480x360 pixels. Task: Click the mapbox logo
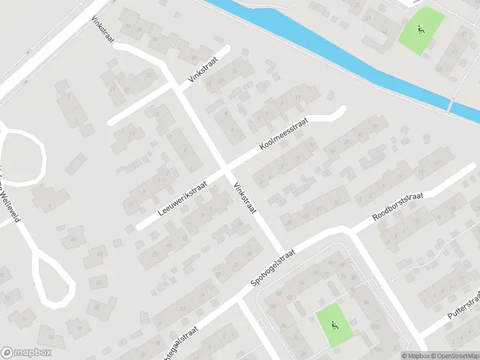(x=26, y=353)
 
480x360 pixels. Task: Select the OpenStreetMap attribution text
(x=455, y=356)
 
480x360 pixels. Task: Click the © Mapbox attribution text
(x=416, y=356)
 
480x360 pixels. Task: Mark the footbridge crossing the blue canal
(x=449, y=106)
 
